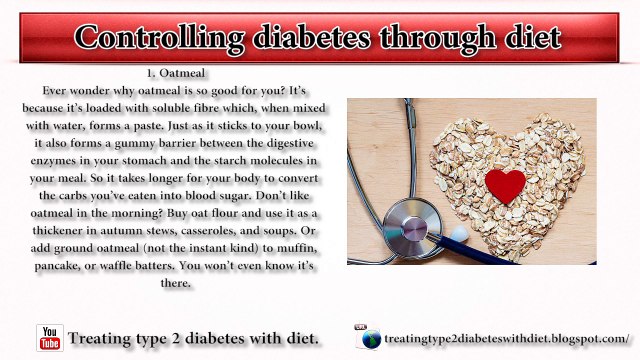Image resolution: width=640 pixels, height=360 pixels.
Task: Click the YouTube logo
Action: [49, 338]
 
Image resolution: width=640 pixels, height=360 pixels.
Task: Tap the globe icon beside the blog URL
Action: [370, 339]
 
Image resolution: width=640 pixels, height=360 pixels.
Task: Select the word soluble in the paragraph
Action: [169, 107]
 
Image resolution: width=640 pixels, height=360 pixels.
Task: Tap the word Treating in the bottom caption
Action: [107, 338]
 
